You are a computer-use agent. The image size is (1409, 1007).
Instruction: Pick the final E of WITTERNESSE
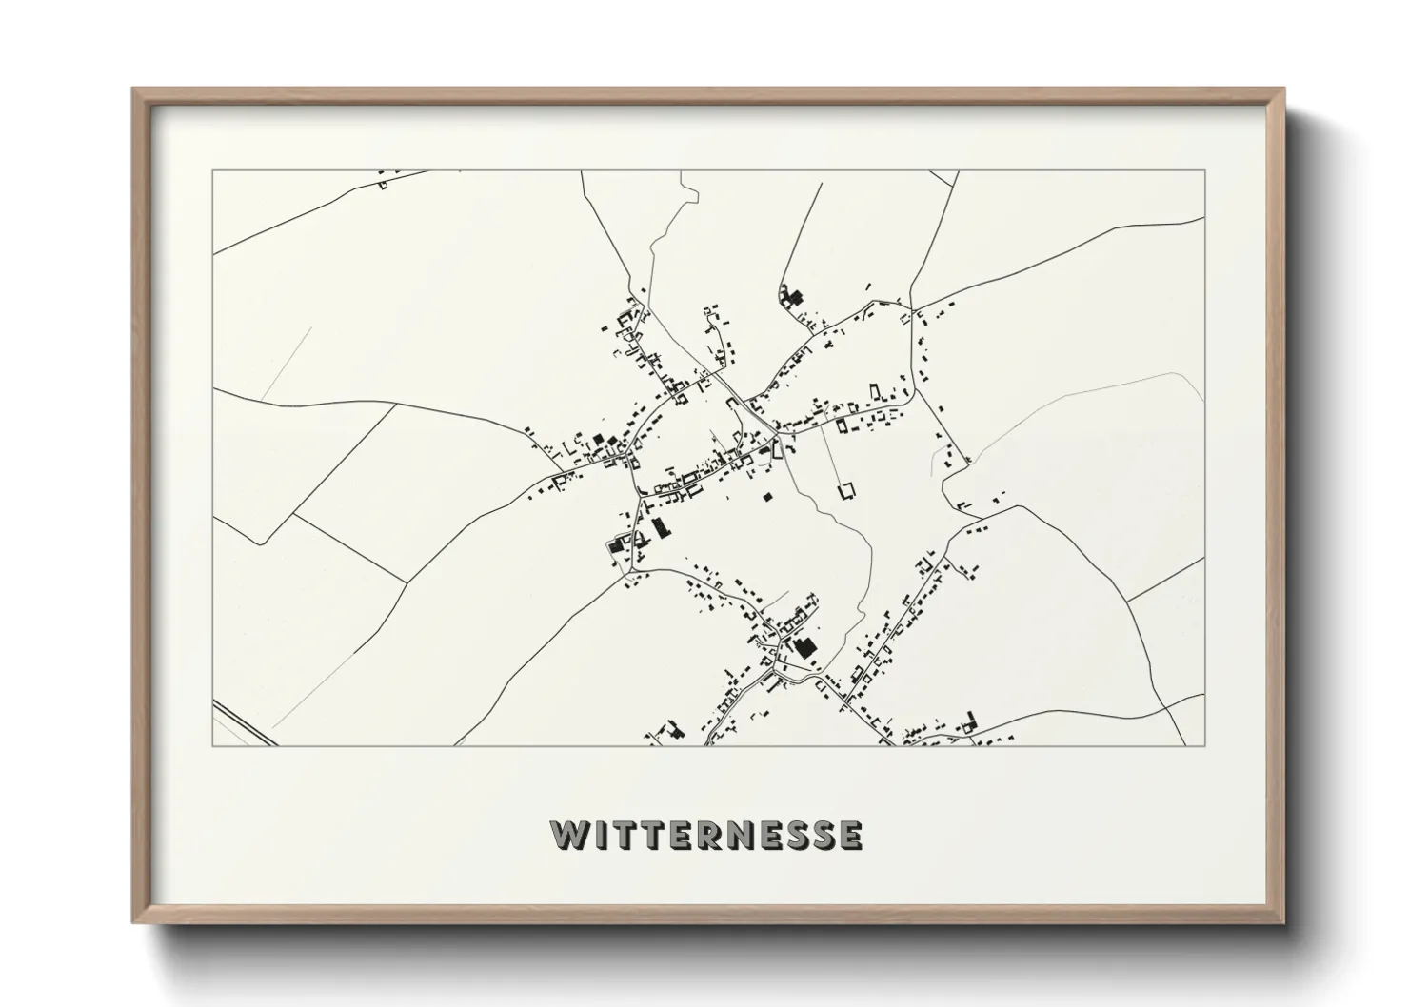849,835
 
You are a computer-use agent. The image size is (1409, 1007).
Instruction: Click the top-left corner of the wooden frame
134,89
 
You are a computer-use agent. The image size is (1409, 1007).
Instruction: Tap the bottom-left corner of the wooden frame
134,922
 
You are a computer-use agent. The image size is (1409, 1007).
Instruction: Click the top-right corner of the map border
1204,171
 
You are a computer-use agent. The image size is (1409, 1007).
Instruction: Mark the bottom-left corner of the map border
213,745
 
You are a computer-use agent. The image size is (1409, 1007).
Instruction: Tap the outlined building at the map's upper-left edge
384,184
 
